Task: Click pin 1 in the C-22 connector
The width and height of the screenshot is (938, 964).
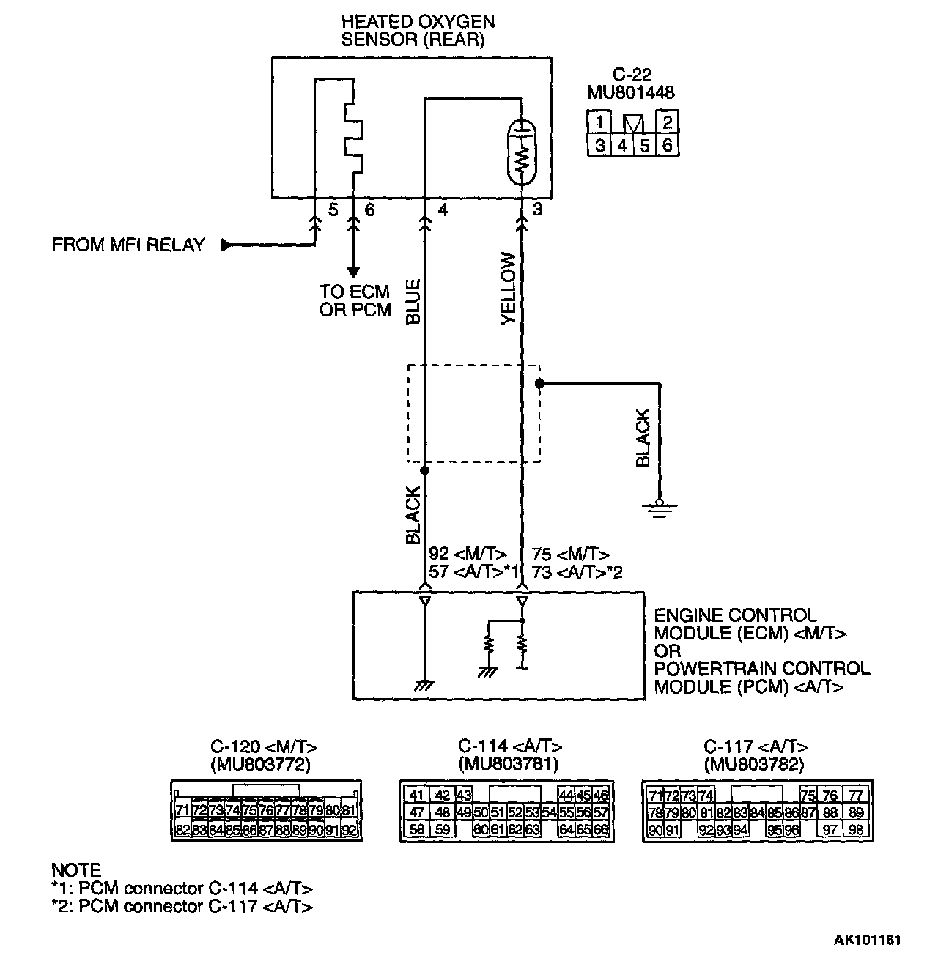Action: (599, 122)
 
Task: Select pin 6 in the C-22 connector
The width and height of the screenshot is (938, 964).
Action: (667, 145)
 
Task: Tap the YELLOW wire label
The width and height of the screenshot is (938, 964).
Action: (508, 289)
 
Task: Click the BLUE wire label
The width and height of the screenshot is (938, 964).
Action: (413, 301)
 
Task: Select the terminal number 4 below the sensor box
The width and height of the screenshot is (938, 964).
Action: (443, 210)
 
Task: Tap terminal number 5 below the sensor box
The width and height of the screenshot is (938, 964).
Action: (333, 210)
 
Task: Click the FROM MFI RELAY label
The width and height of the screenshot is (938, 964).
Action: (128, 245)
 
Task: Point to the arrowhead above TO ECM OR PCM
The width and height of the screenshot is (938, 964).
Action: (353, 271)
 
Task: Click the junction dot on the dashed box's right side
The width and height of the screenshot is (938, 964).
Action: (539, 383)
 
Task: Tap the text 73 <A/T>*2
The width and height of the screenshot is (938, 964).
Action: (577, 573)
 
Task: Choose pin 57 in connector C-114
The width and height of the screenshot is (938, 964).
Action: (602, 812)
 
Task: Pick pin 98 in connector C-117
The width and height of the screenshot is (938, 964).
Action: (854, 830)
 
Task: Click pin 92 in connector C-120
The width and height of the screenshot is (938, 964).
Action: (349, 830)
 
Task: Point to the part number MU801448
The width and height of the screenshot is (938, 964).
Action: (631, 93)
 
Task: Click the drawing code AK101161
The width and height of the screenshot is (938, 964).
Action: (867, 940)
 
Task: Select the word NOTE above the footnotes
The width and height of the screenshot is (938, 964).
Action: (75, 870)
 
